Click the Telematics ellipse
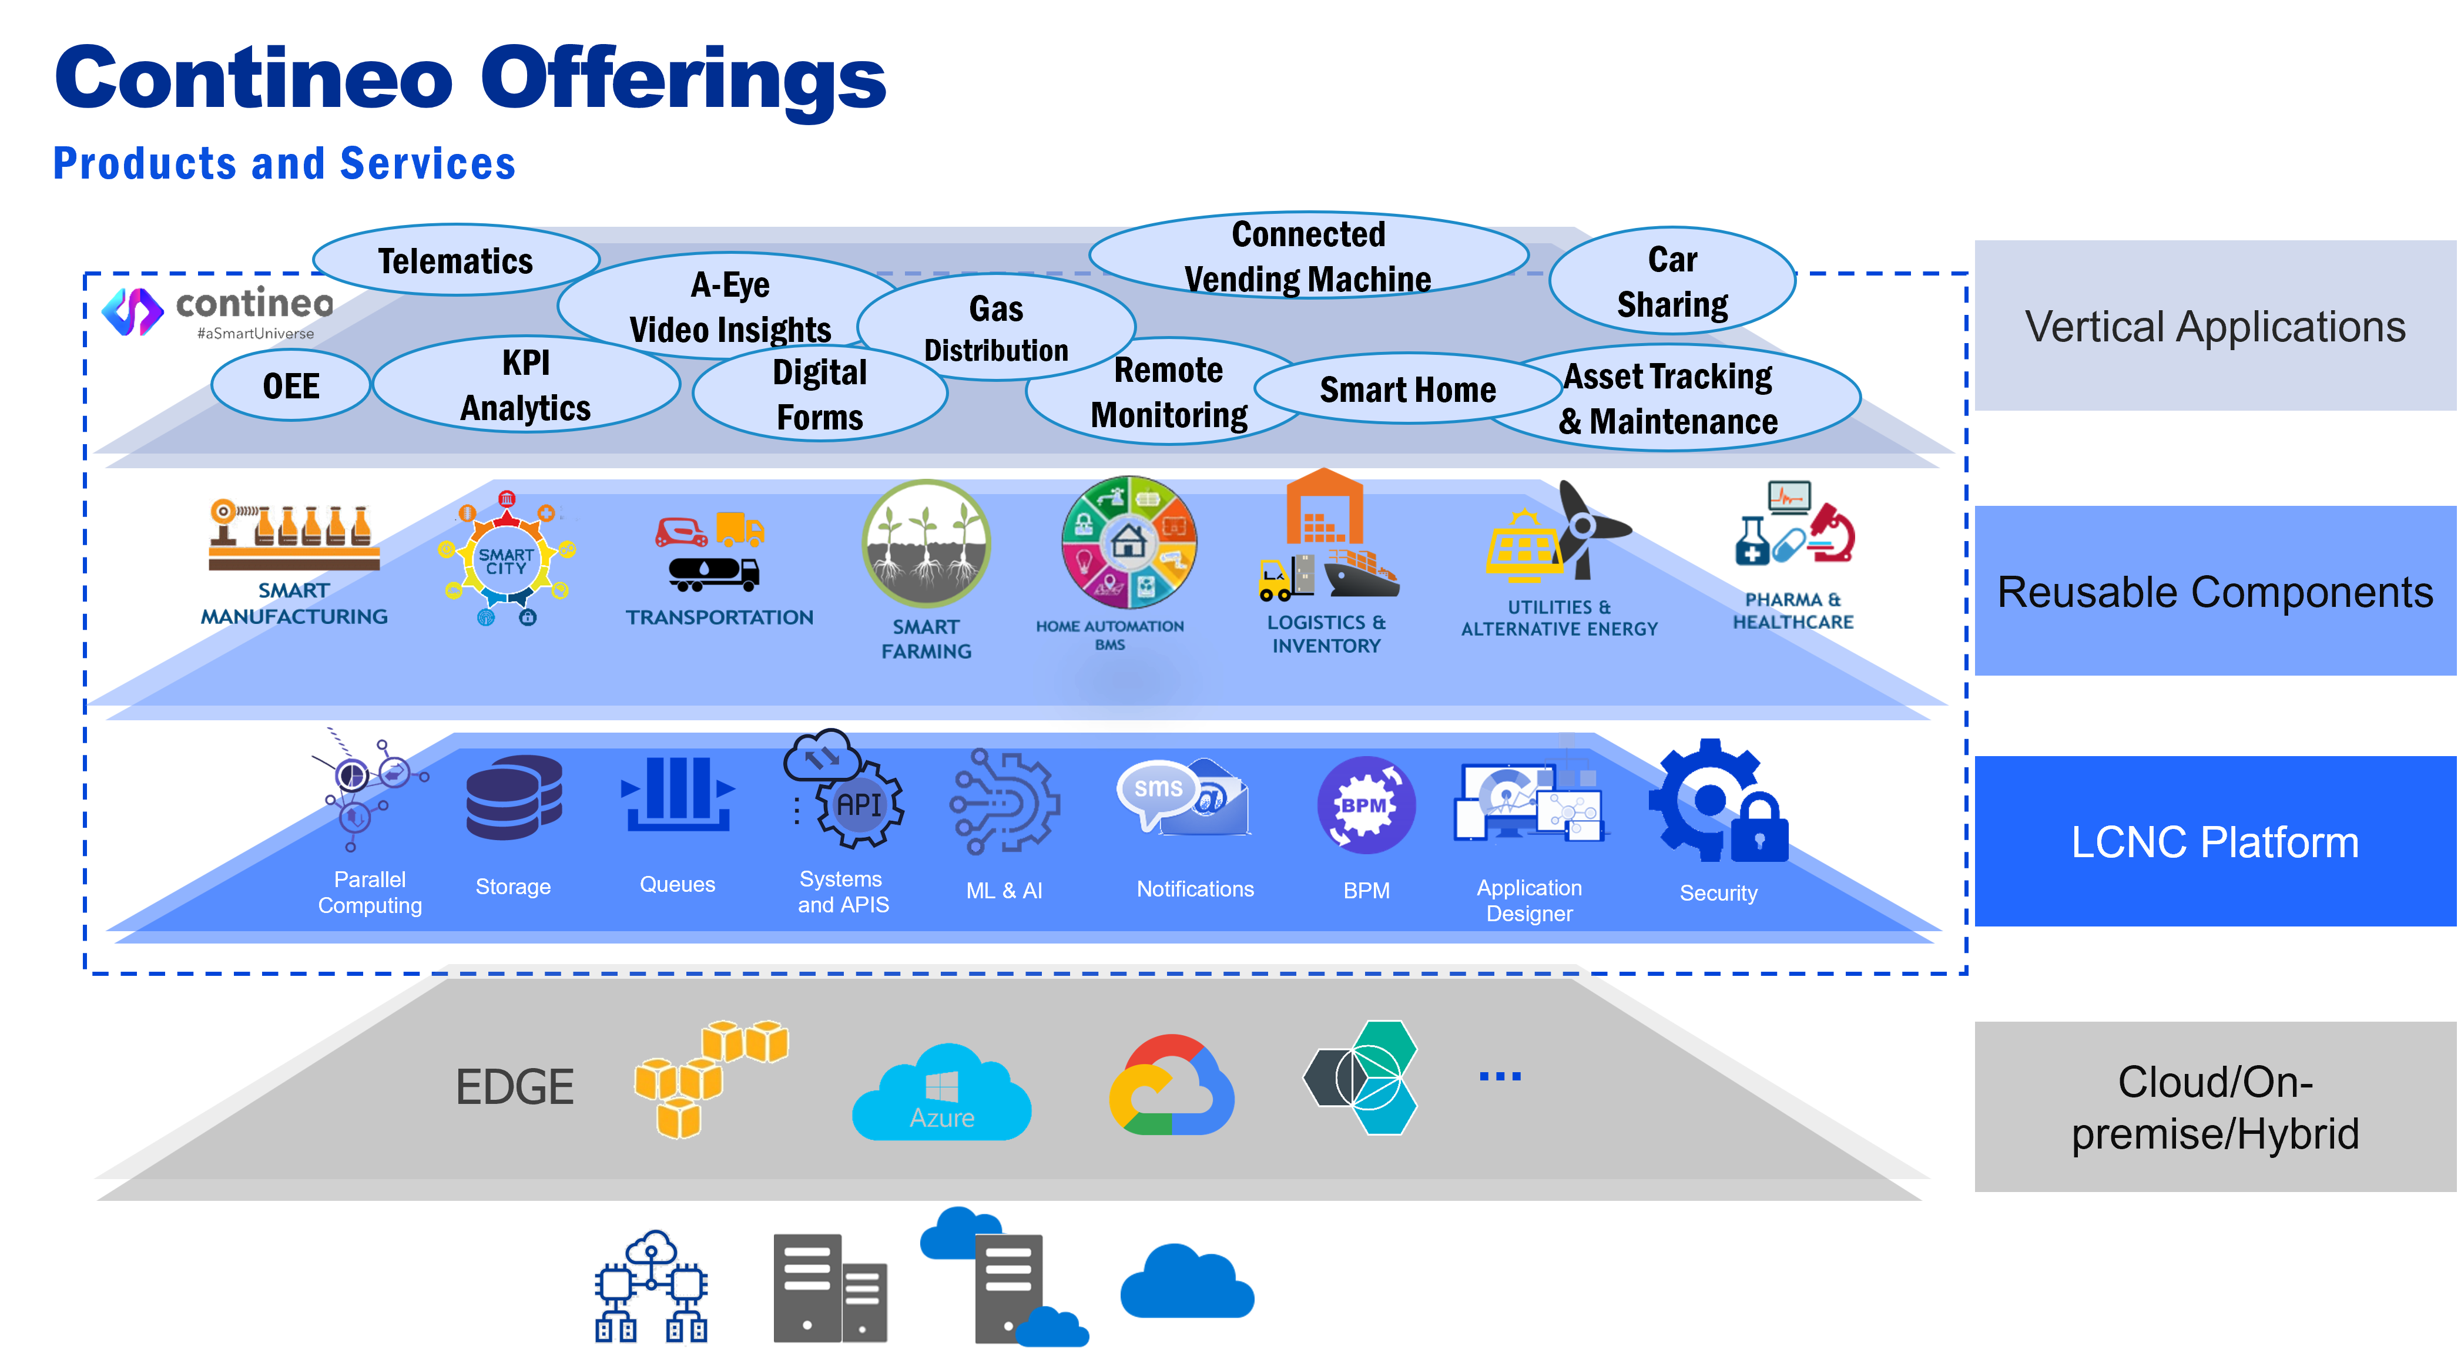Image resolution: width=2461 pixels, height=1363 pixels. (455, 261)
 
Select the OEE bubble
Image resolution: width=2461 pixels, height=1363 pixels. (290, 386)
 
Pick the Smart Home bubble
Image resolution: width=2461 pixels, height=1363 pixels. (1407, 390)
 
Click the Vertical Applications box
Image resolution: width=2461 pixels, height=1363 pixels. (2215, 325)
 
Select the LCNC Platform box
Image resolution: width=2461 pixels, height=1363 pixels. (2215, 841)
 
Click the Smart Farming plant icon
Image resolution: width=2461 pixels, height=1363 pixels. (926, 545)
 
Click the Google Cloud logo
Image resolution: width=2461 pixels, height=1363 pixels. (1171, 1086)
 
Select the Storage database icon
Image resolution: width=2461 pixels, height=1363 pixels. (514, 798)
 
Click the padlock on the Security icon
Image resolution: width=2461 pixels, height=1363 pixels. (1759, 829)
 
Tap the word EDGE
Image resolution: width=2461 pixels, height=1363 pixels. (515, 1087)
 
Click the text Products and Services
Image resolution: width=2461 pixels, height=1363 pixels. (284, 163)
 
